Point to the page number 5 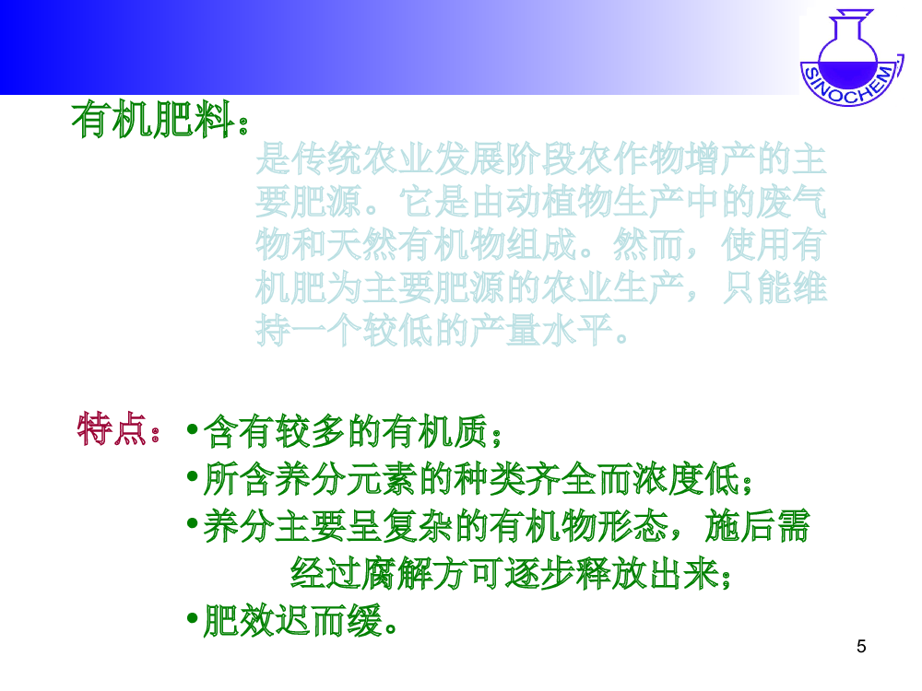point(861,647)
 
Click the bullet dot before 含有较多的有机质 point(192,429)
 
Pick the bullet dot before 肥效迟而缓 point(192,618)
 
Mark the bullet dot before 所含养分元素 point(192,476)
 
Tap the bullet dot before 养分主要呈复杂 point(192,523)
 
